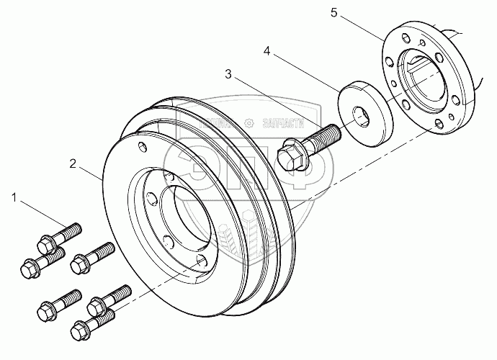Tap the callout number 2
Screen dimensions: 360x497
click(x=73, y=163)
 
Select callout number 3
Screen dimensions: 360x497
click(x=229, y=73)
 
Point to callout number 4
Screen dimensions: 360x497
click(x=267, y=52)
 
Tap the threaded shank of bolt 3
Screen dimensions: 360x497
click(x=322, y=135)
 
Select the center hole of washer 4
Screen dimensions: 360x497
click(x=360, y=112)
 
